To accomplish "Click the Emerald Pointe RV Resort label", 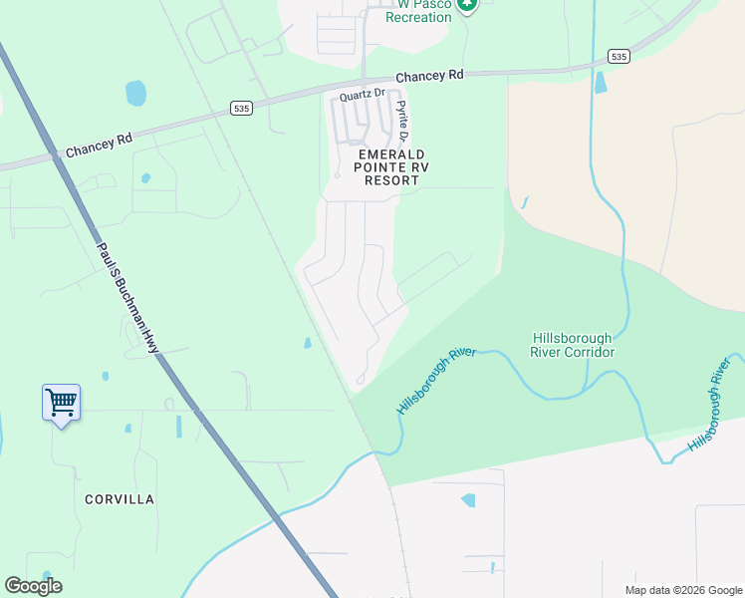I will tap(391, 167).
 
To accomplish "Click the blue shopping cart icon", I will tap(62, 404).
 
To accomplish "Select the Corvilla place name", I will tap(120, 499).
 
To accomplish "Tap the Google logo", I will tap(33, 586).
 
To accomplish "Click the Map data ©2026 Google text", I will tap(683, 590).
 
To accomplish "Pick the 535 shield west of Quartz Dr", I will tap(240, 108).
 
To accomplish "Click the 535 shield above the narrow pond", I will tap(619, 57).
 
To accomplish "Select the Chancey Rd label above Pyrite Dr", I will tap(429, 76).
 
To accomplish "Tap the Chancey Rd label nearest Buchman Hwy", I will tap(99, 146).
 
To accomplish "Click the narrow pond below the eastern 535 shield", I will tap(601, 83).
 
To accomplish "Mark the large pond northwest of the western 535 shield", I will tap(136, 94).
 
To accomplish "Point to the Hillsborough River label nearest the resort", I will tap(436, 383).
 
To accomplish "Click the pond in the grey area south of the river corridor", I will tap(467, 500).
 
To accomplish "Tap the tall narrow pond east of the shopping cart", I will tap(179, 427).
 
